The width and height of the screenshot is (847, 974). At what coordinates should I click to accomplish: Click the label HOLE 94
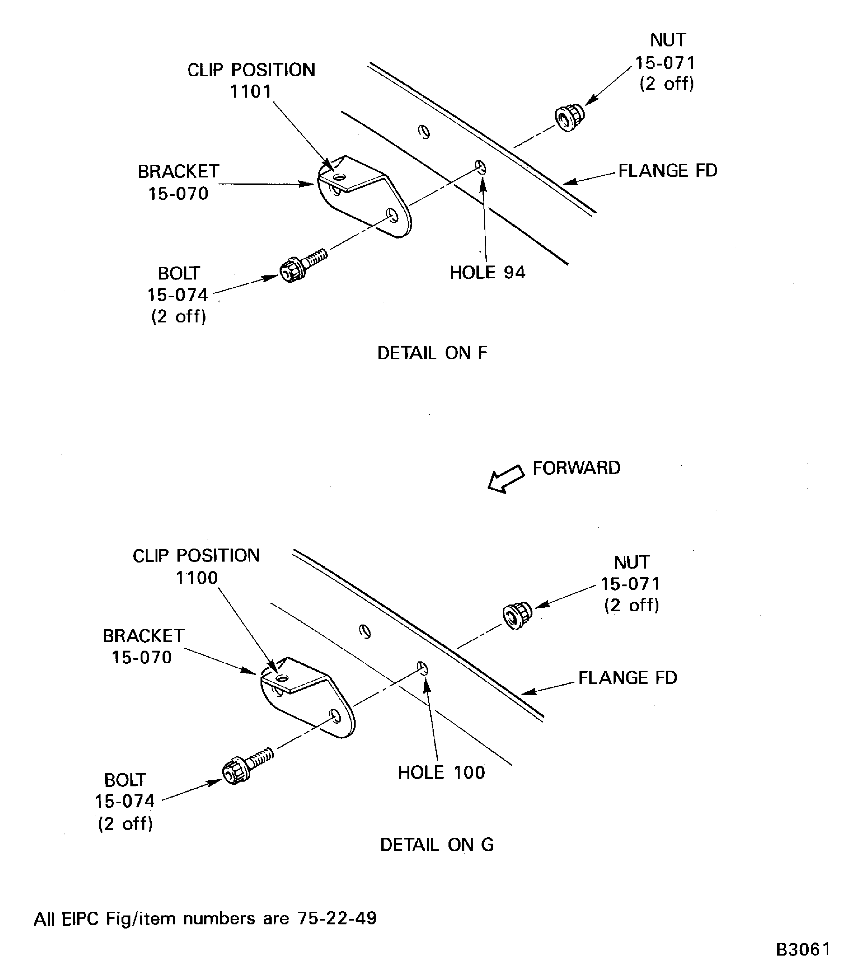(487, 273)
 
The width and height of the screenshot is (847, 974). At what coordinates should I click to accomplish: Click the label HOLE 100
(441, 772)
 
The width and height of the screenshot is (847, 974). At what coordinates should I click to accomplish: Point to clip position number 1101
(251, 92)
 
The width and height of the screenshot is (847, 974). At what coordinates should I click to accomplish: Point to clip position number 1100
(197, 577)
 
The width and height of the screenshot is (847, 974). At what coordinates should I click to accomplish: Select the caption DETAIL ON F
(432, 353)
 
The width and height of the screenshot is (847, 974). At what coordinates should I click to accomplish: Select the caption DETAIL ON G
(437, 845)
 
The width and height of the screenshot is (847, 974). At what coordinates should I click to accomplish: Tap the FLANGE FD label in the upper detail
(667, 171)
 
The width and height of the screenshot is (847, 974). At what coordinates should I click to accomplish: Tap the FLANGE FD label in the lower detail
(627, 678)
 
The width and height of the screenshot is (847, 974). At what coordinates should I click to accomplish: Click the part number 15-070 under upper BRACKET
(178, 194)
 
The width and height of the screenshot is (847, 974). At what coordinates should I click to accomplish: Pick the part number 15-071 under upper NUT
(664, 62)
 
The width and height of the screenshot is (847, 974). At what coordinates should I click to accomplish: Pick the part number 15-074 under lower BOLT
(125, 801)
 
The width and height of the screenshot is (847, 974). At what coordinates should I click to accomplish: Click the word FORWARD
(576, 468)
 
